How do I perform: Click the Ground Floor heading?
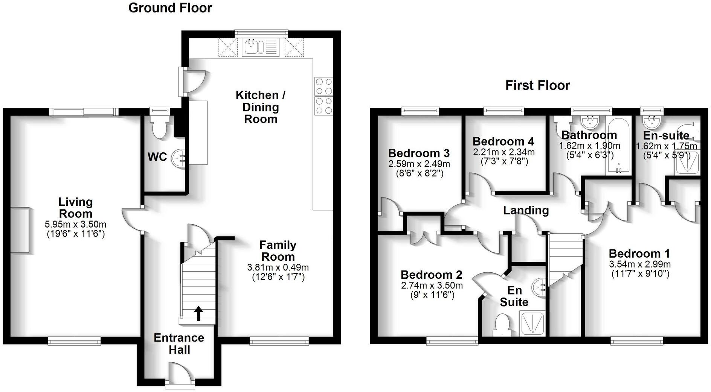pos(170,8)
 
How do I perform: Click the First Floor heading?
pos(537,85)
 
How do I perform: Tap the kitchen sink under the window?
pos(251,47)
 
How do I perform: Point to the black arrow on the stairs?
pos(198,313)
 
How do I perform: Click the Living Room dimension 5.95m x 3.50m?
pos(75,225)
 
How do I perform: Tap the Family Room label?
pos(278,251)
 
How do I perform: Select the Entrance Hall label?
pos(179,343)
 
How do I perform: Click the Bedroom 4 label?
pos(503,141)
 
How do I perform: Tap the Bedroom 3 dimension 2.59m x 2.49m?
pos(419,164)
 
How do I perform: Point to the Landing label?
pos(526,210)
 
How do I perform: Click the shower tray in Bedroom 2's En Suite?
pos(532,324)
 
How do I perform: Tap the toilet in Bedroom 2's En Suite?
pos(502,325)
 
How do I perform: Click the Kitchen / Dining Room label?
pos(261,107)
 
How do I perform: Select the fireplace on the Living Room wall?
pos(20,229)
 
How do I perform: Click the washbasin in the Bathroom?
pos(590,122)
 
